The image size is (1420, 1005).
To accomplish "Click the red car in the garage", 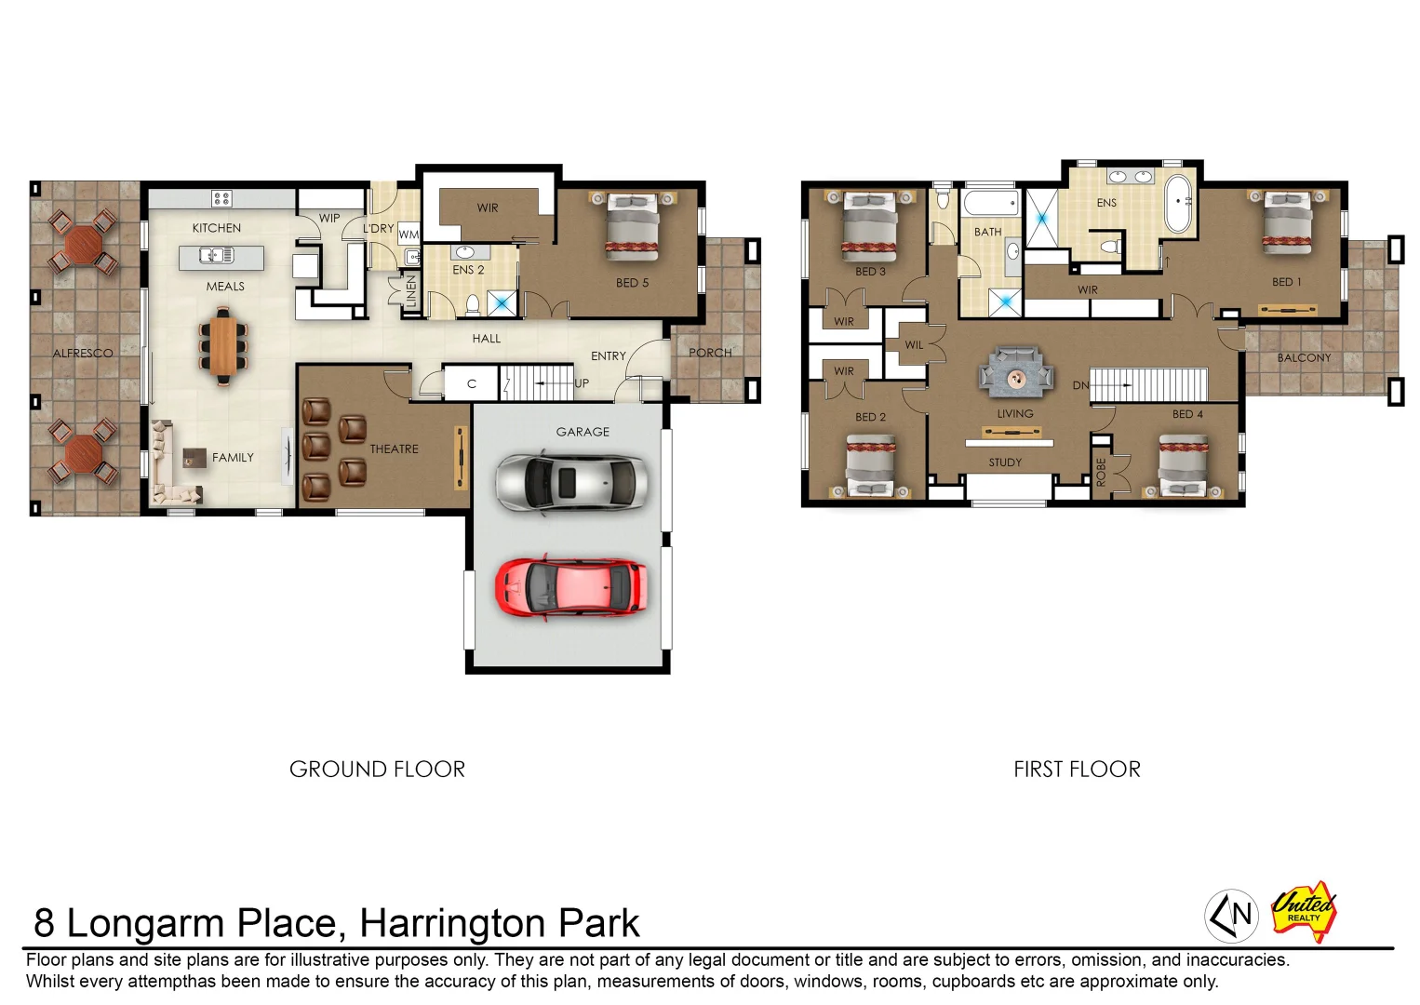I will pos(570,586).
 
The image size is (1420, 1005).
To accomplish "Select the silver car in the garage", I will pos(570,482).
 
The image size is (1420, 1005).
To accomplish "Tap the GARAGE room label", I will pos(583,432).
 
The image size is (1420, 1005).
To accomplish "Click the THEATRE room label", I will pos(394,449).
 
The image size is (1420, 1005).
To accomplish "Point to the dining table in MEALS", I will pos(223,345).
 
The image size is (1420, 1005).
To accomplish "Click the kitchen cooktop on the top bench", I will pos(221,197).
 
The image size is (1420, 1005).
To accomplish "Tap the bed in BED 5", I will pos(632,226).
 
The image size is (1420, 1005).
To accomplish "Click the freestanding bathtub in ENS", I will pos(1178,202).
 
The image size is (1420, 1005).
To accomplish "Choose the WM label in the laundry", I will pos(409,234).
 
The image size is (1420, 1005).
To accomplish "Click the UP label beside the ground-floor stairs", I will pos(582,383).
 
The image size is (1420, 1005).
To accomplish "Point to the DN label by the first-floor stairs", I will pos(1080,385).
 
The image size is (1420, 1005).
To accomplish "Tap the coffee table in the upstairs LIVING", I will pos(1015,377).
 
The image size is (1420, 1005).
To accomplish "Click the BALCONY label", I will pos(1304,357).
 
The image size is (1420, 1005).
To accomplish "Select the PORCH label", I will pos(710,353).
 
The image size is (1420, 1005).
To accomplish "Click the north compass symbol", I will pos(1231,916).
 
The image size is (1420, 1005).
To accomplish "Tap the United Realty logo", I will pos(1304,910).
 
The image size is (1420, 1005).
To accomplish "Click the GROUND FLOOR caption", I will pos(377,770).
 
